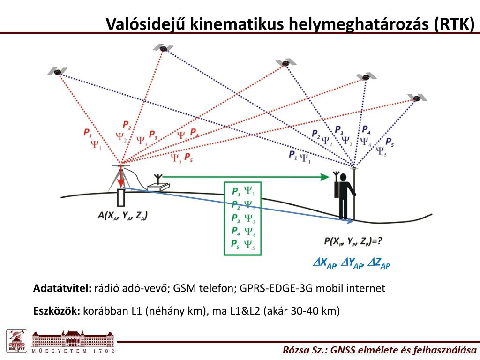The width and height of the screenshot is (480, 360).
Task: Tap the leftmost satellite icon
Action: tap(57, 72)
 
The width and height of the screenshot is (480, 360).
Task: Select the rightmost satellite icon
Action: tap(416, 98)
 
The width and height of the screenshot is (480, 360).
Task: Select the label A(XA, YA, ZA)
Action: tap(123, 216)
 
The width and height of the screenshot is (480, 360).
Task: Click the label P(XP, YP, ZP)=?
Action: tap(353, 241)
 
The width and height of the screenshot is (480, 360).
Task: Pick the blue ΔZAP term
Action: tap(379, 263)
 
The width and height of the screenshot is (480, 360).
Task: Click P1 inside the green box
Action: tap(236, 192)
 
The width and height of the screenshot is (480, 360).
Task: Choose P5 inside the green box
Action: tap(236, 244)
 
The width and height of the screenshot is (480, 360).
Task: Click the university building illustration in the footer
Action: tap(73, 339)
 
